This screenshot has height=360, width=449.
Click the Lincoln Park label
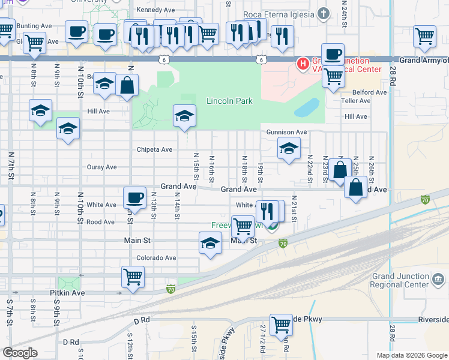(229, 101)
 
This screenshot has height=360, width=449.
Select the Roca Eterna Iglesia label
(279, 14)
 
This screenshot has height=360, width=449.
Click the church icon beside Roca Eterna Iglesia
(323, 14)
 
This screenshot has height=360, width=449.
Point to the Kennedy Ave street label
(155, 10)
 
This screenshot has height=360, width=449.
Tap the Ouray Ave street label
(101, 167)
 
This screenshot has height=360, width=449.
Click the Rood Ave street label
(100, 222)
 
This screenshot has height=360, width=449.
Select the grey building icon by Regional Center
(438, 280)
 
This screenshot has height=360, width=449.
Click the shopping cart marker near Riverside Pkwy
(281, 324)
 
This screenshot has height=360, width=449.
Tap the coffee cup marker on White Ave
(134, 197)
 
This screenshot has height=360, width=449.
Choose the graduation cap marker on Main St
(210, 244)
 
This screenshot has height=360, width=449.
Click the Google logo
(20, 353)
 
